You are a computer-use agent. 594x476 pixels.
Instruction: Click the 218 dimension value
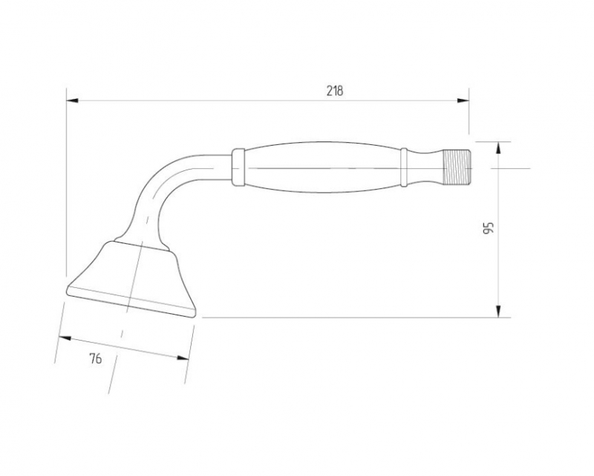335,91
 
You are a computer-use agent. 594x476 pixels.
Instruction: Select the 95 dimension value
489,228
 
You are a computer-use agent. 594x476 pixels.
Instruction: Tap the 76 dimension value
96,358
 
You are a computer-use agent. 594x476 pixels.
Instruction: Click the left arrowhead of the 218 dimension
72,100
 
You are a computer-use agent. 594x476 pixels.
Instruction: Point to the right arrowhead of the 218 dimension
463,100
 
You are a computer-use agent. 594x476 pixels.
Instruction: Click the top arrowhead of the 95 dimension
498,148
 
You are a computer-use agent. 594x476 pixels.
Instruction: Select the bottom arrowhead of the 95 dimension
498,312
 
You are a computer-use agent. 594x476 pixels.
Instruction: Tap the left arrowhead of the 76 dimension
65,338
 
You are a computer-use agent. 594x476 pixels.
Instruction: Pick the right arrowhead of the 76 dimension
183,357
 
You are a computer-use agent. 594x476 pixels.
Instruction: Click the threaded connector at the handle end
457,167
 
